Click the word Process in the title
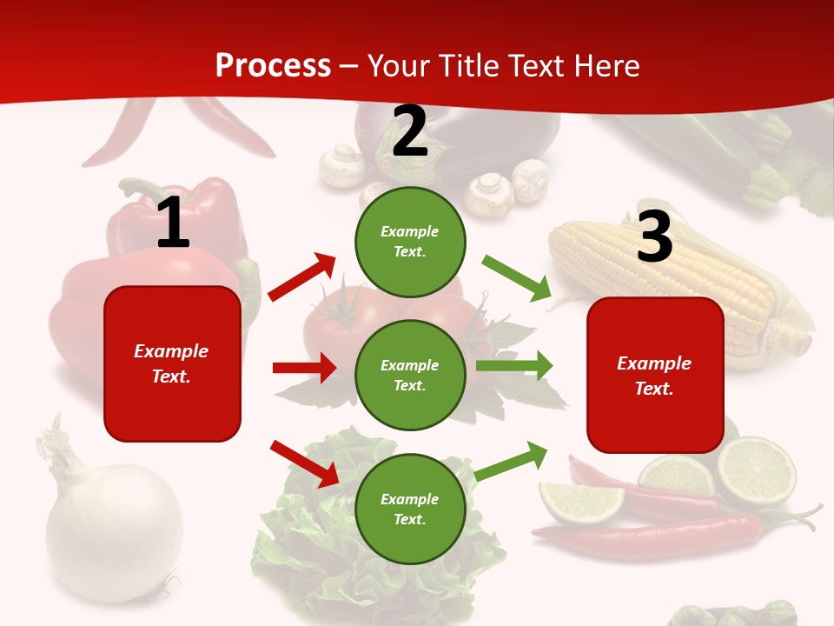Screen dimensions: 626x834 tap(273, 66)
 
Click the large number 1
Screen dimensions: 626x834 tap(173, 223)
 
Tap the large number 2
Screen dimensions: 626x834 tap(410, 131)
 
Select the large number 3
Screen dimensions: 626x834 tap(654, 236)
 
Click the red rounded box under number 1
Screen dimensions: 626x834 tap(172, 363)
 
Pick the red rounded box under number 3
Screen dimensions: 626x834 tap(655, 375)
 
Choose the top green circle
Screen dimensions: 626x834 tap(410, 242)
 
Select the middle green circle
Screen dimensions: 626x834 tap(410, 375)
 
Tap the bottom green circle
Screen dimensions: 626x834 tap(410, 509)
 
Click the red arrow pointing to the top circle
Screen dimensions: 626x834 tap(302, 276)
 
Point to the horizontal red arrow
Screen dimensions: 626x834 tap(304, 368)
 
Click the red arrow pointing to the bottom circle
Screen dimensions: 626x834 tap(304, 463)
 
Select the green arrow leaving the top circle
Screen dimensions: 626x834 tap(517, 277)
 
